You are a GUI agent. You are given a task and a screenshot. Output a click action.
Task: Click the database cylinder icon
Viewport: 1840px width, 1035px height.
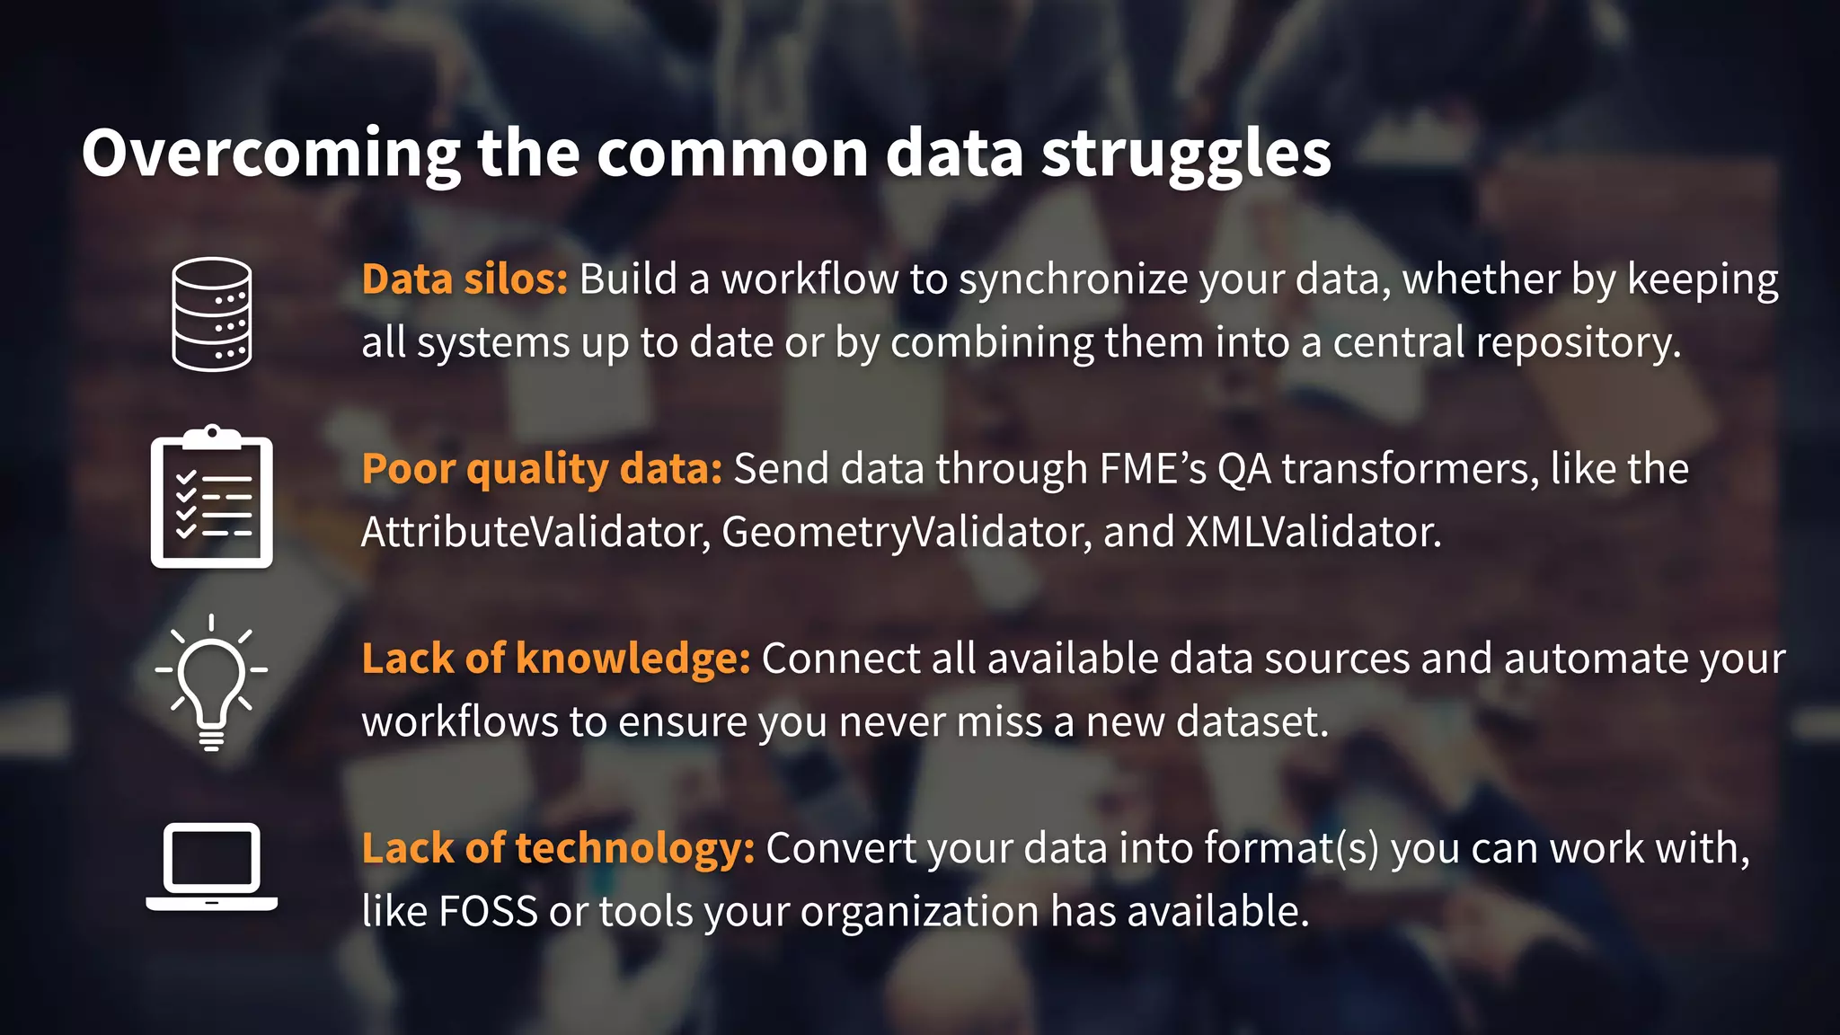pos(212,314)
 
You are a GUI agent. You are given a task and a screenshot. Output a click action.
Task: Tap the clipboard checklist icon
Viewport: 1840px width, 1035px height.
pos(212,498)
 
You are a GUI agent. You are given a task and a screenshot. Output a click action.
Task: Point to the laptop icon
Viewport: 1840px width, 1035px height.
pos(212,867)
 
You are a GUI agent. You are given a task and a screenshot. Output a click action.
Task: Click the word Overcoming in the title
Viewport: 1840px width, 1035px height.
pos(270,153)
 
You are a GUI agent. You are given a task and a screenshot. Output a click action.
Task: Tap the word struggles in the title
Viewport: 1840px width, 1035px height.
pos(1186,153)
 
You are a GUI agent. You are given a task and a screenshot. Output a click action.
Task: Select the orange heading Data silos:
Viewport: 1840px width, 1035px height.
pos(464,279)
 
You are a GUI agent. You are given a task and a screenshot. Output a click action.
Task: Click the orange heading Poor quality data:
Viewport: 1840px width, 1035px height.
pos(542,469)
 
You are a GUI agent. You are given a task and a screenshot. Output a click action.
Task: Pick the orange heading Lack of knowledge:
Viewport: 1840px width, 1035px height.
pos(556,659)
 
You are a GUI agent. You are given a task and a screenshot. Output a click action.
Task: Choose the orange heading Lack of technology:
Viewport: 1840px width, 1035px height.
pos(558,848)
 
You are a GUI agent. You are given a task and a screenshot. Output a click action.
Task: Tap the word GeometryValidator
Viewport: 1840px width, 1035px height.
pos(907,532)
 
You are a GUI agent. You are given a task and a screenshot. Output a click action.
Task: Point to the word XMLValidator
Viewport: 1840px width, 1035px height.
pos(1314,532)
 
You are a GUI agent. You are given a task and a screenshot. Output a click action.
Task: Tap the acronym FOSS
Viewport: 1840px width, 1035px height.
pos(488,911)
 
